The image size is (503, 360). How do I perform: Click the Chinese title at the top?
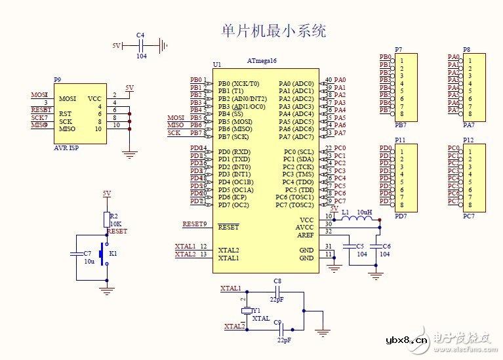(274, 31)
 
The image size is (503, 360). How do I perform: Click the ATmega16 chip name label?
(262, 60)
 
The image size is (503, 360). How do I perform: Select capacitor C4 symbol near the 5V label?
(141, 45)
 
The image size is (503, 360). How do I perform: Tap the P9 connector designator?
(58, 80)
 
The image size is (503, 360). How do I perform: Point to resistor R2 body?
(106, 218)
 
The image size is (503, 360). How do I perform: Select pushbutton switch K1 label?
(113, 252)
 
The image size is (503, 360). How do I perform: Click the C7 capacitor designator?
(88, 252)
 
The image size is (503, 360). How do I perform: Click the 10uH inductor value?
(365, 212)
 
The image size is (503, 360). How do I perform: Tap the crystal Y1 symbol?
(246, 310)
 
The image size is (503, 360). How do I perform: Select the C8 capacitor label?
(277, 281)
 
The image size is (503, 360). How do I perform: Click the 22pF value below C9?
(284, 340)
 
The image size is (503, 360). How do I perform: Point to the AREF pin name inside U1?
(306, 235)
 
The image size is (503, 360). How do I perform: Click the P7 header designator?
(399, 50)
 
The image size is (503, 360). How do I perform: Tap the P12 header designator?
(468, 140)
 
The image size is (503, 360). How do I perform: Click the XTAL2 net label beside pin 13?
(185, 254)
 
